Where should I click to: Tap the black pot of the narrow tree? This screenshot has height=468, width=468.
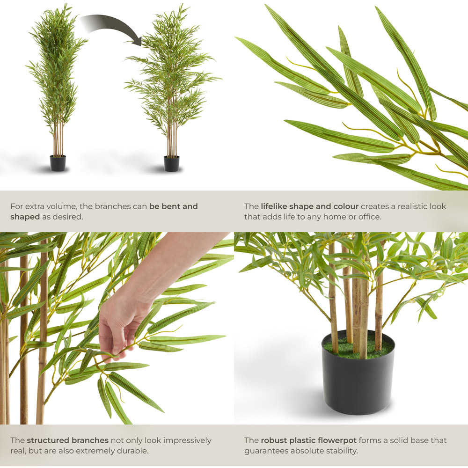pyautogui.click(x=58, y=163)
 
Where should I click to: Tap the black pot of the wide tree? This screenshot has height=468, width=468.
pyautogui.click(x=172, y=163)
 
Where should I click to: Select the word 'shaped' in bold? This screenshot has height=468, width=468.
pyautogui.click(x=25, y=217)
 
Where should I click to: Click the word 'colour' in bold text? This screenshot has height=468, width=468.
pyautogui.click(x=346, y=206)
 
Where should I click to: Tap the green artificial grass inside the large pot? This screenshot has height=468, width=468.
pyautogui.click(x=358, y=348)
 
